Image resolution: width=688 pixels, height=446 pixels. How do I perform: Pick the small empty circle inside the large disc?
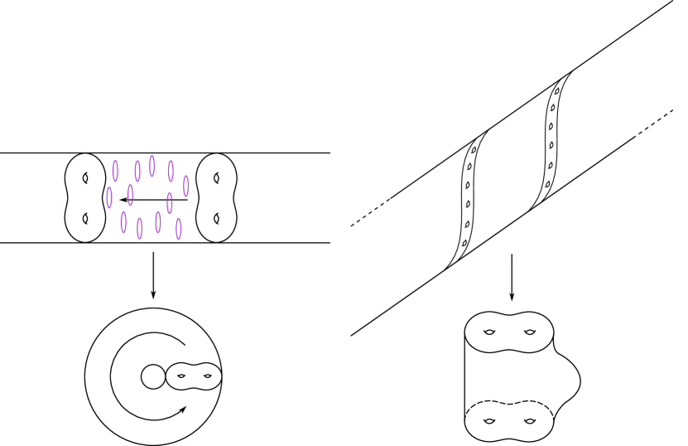click(x=153, y=377)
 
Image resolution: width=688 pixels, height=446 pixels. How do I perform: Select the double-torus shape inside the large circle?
click(x=195, y=377)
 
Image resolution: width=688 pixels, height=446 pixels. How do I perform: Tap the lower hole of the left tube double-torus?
click(x=84, y=219)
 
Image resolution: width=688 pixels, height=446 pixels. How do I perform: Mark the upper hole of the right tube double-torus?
click(x=216, y=177)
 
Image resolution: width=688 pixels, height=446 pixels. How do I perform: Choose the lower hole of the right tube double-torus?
click(x=216, y=219)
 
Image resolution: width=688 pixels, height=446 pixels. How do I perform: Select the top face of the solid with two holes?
click(x=508, y=332)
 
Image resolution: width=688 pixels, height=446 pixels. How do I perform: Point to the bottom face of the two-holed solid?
click(x=508, y=421)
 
